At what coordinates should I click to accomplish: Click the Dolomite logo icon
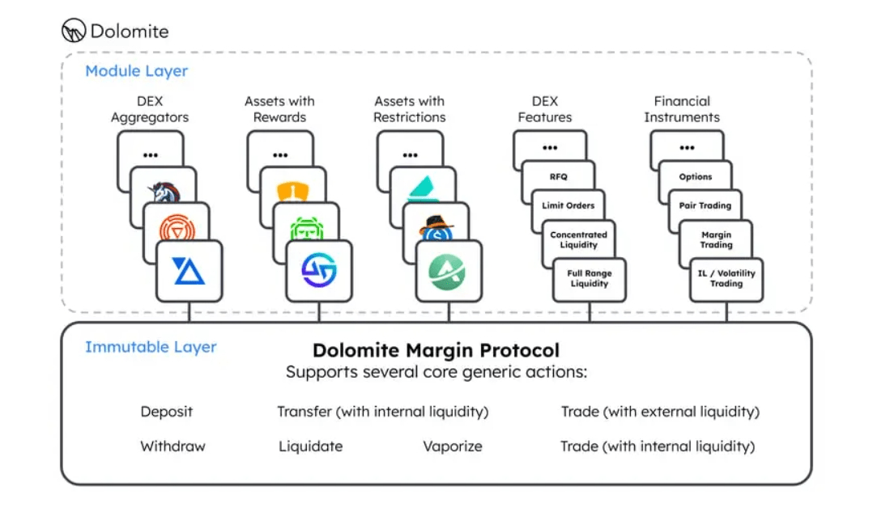pos(74,31)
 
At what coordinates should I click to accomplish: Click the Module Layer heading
pos(136,71)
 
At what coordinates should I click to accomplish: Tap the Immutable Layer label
pos(151,347)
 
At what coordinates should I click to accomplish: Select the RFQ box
pos(559,176)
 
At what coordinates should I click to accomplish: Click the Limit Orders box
pos(568,205)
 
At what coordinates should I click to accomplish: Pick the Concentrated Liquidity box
pos(578,239)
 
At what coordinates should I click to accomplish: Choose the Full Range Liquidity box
pos(589,279)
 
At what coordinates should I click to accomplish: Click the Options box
pos(695,176)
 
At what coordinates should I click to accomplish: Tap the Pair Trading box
pos(705,205)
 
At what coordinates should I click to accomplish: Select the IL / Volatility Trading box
pos(726,279)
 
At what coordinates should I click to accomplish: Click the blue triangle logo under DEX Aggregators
pos(188,271)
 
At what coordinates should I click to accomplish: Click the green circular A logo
pos(447,272)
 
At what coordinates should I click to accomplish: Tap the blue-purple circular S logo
pos(318,270)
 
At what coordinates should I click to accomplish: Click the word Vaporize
pos(453,446)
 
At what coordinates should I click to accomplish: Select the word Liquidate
pos(311,446)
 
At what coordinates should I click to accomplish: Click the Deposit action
pos(167,412)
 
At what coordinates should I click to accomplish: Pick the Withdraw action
pos(172,446)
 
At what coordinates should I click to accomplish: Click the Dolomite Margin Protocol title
pos(436,350)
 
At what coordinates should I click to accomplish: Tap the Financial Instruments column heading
pos(682,109)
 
